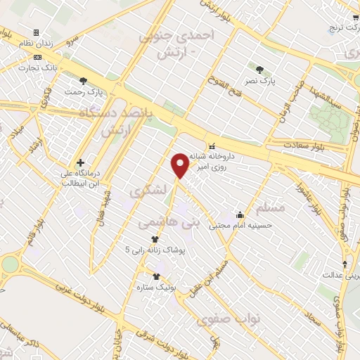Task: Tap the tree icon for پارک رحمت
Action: click(x=84, y=81)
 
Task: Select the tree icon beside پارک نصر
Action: click(x=259, y=70)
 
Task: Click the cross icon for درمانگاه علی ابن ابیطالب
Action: click(x=81, y=162)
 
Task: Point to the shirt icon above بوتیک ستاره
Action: click(x=156, y=277)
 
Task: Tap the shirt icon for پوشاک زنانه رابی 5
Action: click(x=155, y=239)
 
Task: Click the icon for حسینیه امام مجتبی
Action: click(x=240, y=215)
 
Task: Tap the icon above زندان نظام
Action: click(x=36, y=32)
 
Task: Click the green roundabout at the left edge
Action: click(x=10, y=264)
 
